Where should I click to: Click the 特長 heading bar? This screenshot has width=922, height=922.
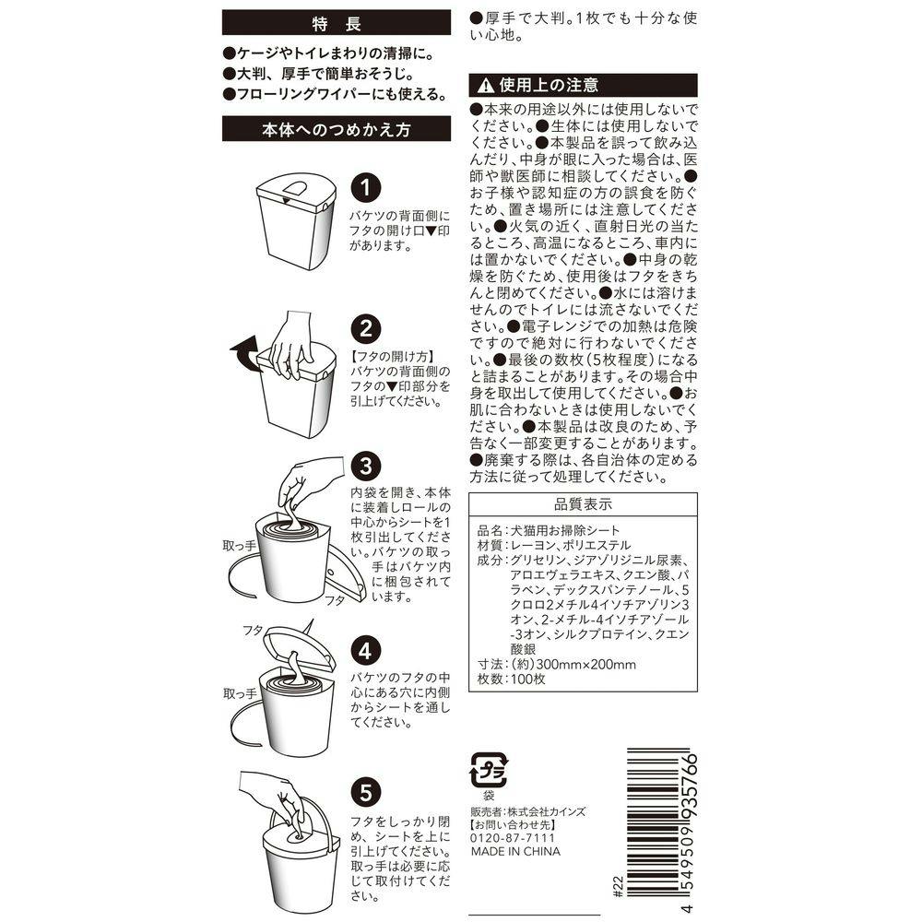(337, 23)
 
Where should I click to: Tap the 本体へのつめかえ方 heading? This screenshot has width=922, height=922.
(337, 129)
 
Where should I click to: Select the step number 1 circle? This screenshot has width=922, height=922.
(366, 187)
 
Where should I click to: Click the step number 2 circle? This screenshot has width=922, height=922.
(366, 329)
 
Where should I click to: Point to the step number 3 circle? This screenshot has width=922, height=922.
(366, 466)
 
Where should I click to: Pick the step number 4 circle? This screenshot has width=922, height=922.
(366, 651)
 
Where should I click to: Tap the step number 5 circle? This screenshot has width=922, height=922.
(366, 792)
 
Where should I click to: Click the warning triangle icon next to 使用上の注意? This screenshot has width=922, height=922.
(486, 87)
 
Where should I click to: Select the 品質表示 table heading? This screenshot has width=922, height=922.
(583, 504)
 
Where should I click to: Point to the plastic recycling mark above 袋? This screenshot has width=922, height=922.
(488, 770)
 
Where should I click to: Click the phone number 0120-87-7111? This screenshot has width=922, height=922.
(513, 838)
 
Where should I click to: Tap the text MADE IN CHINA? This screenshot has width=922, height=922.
(515, 851)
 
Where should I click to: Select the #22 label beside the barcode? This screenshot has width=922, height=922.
(618, 887)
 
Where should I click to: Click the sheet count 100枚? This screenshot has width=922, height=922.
(528, 680)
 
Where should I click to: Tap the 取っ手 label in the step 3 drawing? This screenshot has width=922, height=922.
(240, 546)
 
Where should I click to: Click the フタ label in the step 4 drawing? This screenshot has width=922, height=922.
(253, 631)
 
